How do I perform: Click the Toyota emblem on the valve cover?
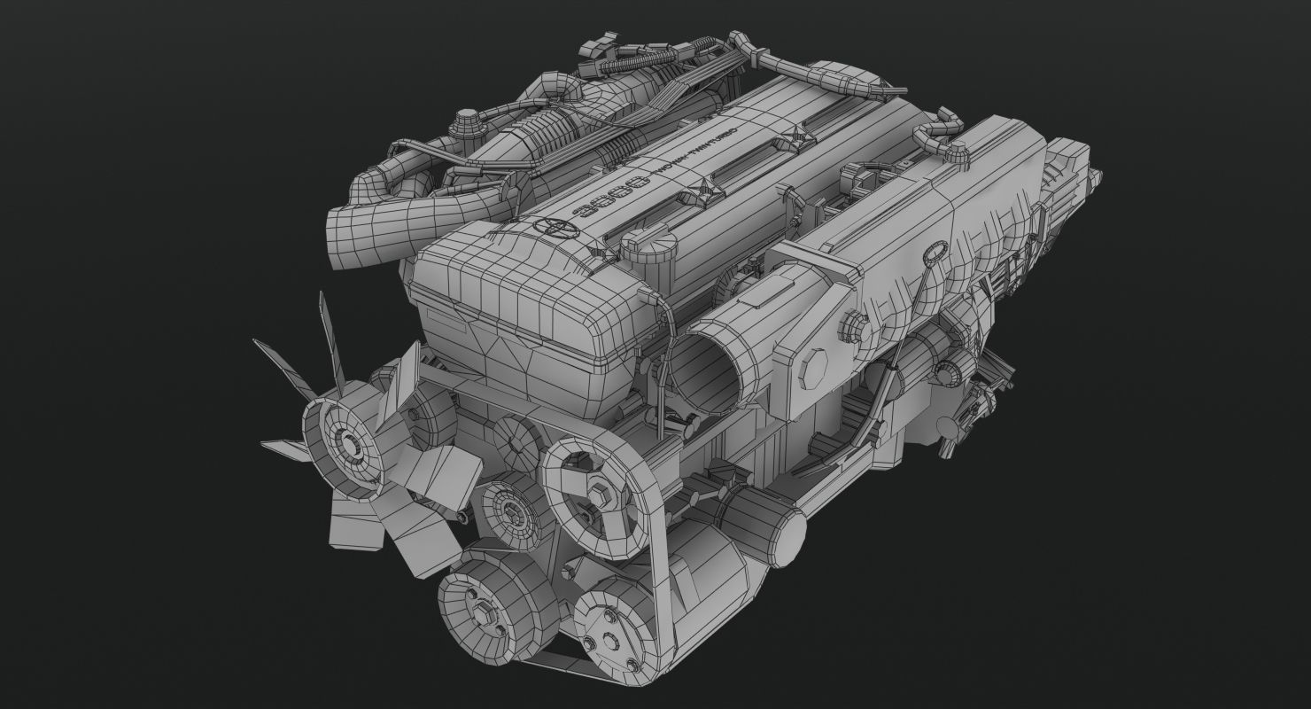(x=555, y=226)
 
